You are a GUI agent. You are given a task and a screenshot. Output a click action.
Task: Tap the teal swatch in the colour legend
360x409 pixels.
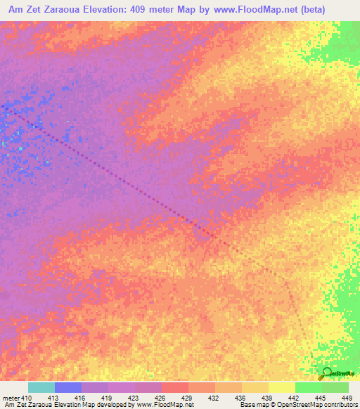coord(41,388)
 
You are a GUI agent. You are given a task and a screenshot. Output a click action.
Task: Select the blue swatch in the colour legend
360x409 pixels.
coord(68,388)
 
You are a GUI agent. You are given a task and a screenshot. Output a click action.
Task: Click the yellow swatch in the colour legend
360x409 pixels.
coord(282,388)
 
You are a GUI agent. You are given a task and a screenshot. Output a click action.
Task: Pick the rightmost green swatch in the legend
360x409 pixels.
coord(335,388)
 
